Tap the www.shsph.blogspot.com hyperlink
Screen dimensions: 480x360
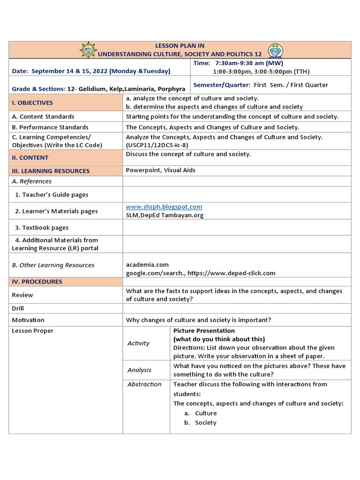click(x=164, y=207)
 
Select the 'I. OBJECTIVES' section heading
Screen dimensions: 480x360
click(x=32, y=103)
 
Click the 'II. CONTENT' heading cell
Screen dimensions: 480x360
click(x=30, y=158)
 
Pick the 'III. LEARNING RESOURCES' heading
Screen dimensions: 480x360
click(x=51, y=171)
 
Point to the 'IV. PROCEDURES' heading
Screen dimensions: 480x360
click(x=37, y=282)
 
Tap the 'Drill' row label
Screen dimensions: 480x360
click(x=18, y=308)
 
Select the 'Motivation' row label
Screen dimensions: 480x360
click(x=28, y=320)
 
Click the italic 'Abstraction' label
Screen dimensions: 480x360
click(x=144, y=384)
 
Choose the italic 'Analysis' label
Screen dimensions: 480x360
click(x=139, y=370)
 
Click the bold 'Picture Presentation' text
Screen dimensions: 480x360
click(x=204, y=331)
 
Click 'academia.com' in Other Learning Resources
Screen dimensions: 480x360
click(x=147, y=265)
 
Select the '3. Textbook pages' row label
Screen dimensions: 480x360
click(x=42, y=228)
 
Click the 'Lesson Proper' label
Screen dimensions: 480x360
click(x=33, y=331)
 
